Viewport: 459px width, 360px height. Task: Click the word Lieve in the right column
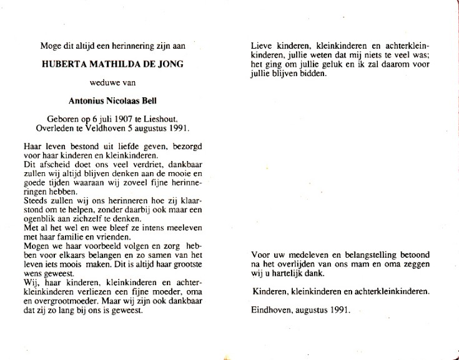click(x=263, y=46)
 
